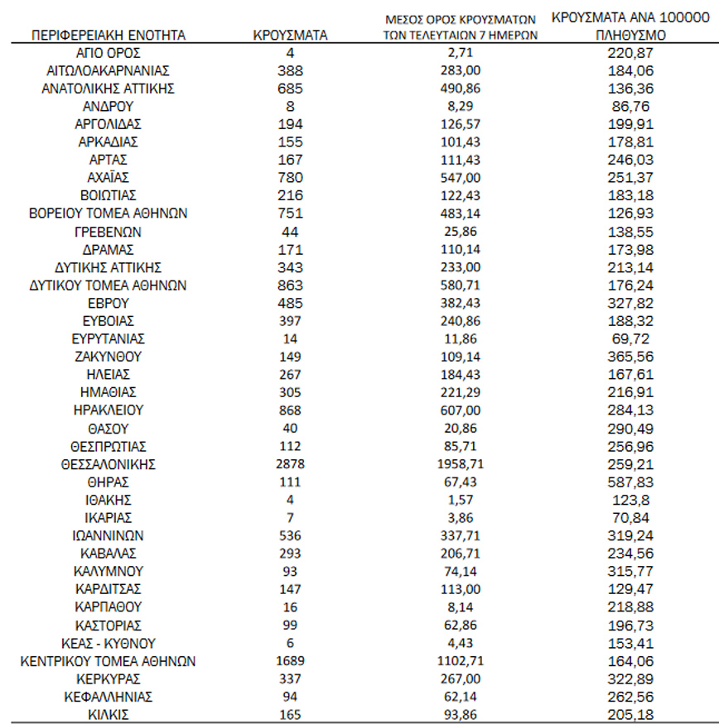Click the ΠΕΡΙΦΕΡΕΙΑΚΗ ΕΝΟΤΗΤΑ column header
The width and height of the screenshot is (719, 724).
pos(108,35)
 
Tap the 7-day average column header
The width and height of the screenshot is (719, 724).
pos(461,26)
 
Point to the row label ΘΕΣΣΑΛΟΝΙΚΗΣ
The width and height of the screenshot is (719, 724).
pos(108,463)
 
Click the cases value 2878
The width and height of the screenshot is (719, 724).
pos(290,463)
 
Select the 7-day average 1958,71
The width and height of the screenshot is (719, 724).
pos(461,463)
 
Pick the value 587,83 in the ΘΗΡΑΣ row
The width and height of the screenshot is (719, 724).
pos(630,482)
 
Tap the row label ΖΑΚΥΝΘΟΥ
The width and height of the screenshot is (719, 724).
pos(108,357)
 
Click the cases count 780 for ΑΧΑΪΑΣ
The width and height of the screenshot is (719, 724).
pos(290,177)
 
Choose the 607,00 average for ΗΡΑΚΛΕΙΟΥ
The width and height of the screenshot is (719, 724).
pos(461,410)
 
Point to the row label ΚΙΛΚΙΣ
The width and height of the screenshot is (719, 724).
pos(108,713)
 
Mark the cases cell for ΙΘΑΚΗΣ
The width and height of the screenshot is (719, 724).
pos(290,500)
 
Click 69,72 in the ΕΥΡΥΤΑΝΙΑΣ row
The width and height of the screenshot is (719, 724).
pos(630,338)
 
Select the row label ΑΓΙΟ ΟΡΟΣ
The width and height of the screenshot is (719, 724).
pos(108,52)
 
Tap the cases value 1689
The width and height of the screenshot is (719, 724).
pos(290,660)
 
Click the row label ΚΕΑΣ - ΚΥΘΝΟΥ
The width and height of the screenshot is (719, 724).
pos(108,643)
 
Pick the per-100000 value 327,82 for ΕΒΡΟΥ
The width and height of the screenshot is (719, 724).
pos(630,303)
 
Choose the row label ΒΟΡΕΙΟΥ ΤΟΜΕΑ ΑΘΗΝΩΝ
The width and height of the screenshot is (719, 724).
pos(108,213)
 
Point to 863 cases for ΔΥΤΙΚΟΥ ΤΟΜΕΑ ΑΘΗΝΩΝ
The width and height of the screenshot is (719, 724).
pos(290,285)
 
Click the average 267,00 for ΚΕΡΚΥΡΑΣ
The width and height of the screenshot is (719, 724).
pos(461,678)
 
